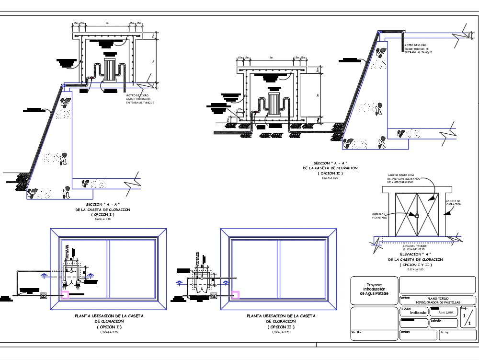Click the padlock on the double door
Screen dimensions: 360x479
tap(417, 215)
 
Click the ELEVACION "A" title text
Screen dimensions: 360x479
tap(415, 254)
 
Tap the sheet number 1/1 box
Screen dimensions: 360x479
tap(468, 318)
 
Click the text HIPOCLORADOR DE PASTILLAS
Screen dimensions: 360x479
tap(438, 302)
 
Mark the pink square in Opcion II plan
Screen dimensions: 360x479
tap(235, 294)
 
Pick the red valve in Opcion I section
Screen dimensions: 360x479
tap(89, 78)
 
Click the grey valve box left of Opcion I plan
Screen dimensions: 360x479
tap(43, 296)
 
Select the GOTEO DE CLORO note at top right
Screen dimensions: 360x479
tap(418, 48)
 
